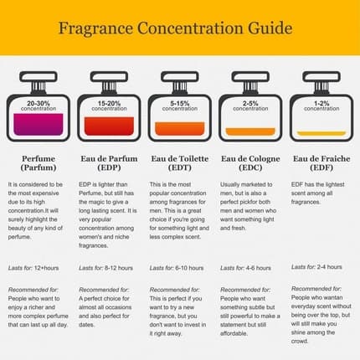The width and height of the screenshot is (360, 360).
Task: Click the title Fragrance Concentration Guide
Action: pos(175,28)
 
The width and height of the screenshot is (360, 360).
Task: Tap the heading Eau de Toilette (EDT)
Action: pos(180,162)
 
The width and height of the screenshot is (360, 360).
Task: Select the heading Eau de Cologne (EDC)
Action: pos(250,162)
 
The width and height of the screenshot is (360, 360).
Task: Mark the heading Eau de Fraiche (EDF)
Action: pos(321,162)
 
